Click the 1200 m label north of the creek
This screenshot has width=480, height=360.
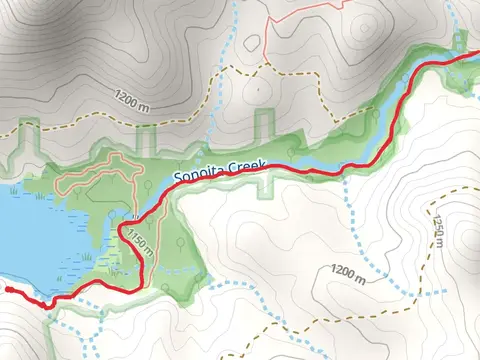136,101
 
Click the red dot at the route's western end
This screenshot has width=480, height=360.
7,289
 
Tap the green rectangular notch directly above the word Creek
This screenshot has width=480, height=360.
264,125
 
